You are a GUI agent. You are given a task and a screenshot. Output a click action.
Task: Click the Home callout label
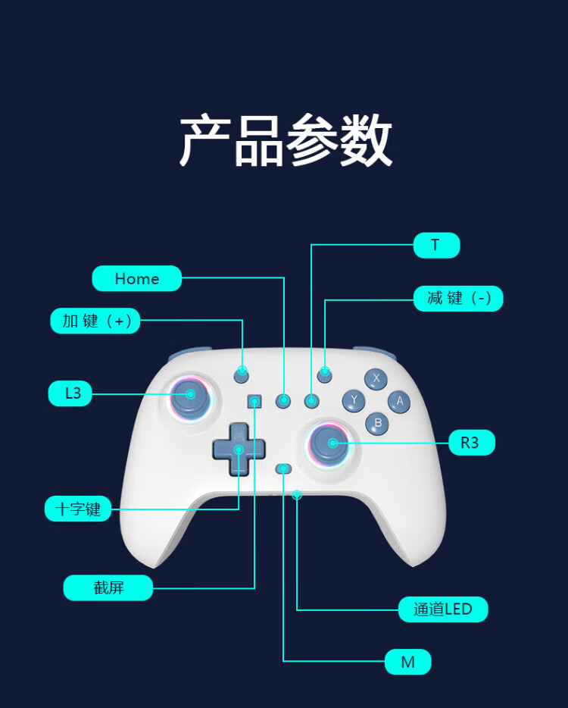pyautogui.click(x=137, y=279)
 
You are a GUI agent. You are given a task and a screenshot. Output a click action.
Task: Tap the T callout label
pyautogui.click(x=437, y=245)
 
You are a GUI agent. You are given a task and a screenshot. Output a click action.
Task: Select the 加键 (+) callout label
pyautogui.click(x=95, y=321)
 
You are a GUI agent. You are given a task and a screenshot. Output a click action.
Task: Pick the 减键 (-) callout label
pyautogui.click(x=458, y=299)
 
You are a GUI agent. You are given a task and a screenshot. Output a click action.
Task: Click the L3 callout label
pyautogui.click(x=70, y=393)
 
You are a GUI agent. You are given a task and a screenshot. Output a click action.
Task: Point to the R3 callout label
pyautogui.click(x=472, y=443)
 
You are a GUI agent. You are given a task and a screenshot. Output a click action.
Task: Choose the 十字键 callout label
pyautogui.click(x=78, y=509)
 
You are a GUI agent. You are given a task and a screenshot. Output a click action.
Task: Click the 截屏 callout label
pyautogui.click(x=108, y=587)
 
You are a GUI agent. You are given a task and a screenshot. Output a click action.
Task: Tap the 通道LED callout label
pyautogui.click(x=443, y=609)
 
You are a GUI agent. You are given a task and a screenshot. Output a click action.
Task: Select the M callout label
pyautogui.click(x=408, y=662)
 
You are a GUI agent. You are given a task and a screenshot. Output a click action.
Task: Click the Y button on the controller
pyautogui.click(x=354, y=401)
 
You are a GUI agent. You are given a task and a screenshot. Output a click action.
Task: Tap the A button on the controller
pyautogui.click(x=399, y=402)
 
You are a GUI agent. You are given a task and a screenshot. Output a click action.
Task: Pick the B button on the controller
pyautogui.click(x=377, y=424)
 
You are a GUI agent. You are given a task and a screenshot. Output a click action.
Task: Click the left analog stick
pyautogui.click(x=191, y=397)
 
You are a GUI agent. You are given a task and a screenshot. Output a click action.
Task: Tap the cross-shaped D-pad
pyautogui.click(x=239, y=450)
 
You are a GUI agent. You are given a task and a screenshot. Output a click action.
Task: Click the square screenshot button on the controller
pyautogui.click(x=255, y=401)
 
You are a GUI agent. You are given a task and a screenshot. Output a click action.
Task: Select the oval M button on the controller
pyautogui.click(x=283, y=469)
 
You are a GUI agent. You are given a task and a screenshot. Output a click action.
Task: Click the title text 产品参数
pyautogui.click(x=286, y=140)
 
